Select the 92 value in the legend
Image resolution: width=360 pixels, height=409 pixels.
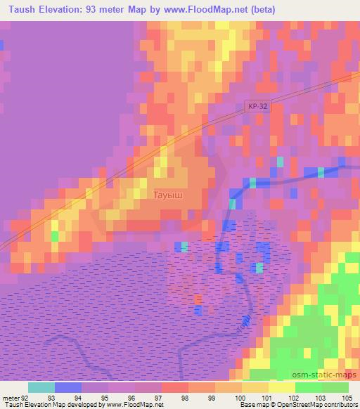28,398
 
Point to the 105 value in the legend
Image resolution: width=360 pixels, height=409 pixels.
347,398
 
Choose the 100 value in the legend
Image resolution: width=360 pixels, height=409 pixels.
241,398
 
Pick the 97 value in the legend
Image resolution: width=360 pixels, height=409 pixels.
161,398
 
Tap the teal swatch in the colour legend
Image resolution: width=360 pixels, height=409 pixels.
41,387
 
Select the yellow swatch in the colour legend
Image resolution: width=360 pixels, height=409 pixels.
281,387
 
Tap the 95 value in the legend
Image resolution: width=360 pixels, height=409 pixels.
108,398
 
